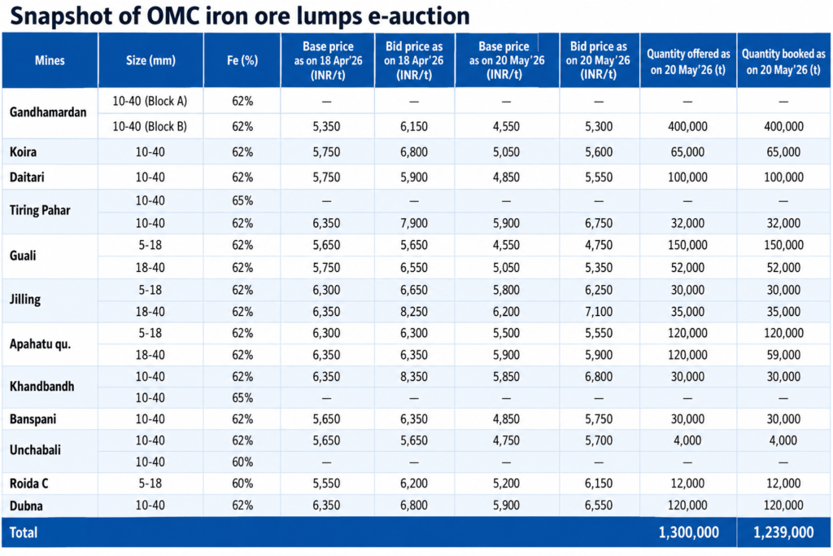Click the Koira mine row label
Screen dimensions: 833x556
point(23,152)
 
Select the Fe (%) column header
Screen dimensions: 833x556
point(242,60)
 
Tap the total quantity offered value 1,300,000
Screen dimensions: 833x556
point(688,532)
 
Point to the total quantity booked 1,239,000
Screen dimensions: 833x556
point(783,532)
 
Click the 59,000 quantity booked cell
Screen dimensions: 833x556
point(783,355)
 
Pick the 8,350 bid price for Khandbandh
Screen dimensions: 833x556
point(414,377)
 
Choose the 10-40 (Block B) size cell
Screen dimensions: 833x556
point(150,126)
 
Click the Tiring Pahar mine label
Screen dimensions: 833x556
point(40,211)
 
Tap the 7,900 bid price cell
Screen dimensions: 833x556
point(414,223)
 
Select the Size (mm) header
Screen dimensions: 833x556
point(150,60)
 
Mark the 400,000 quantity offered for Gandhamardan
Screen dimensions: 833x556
point(687,126)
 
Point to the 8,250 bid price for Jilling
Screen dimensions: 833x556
point(414,312)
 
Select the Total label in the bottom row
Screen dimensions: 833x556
point(24,532)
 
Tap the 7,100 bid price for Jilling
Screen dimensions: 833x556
point(599,312)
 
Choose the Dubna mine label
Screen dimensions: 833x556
point(26,506)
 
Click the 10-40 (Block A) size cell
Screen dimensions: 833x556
point(150,101)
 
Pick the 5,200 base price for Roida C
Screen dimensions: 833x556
point(506,484)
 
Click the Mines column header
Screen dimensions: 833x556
point(50,60)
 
